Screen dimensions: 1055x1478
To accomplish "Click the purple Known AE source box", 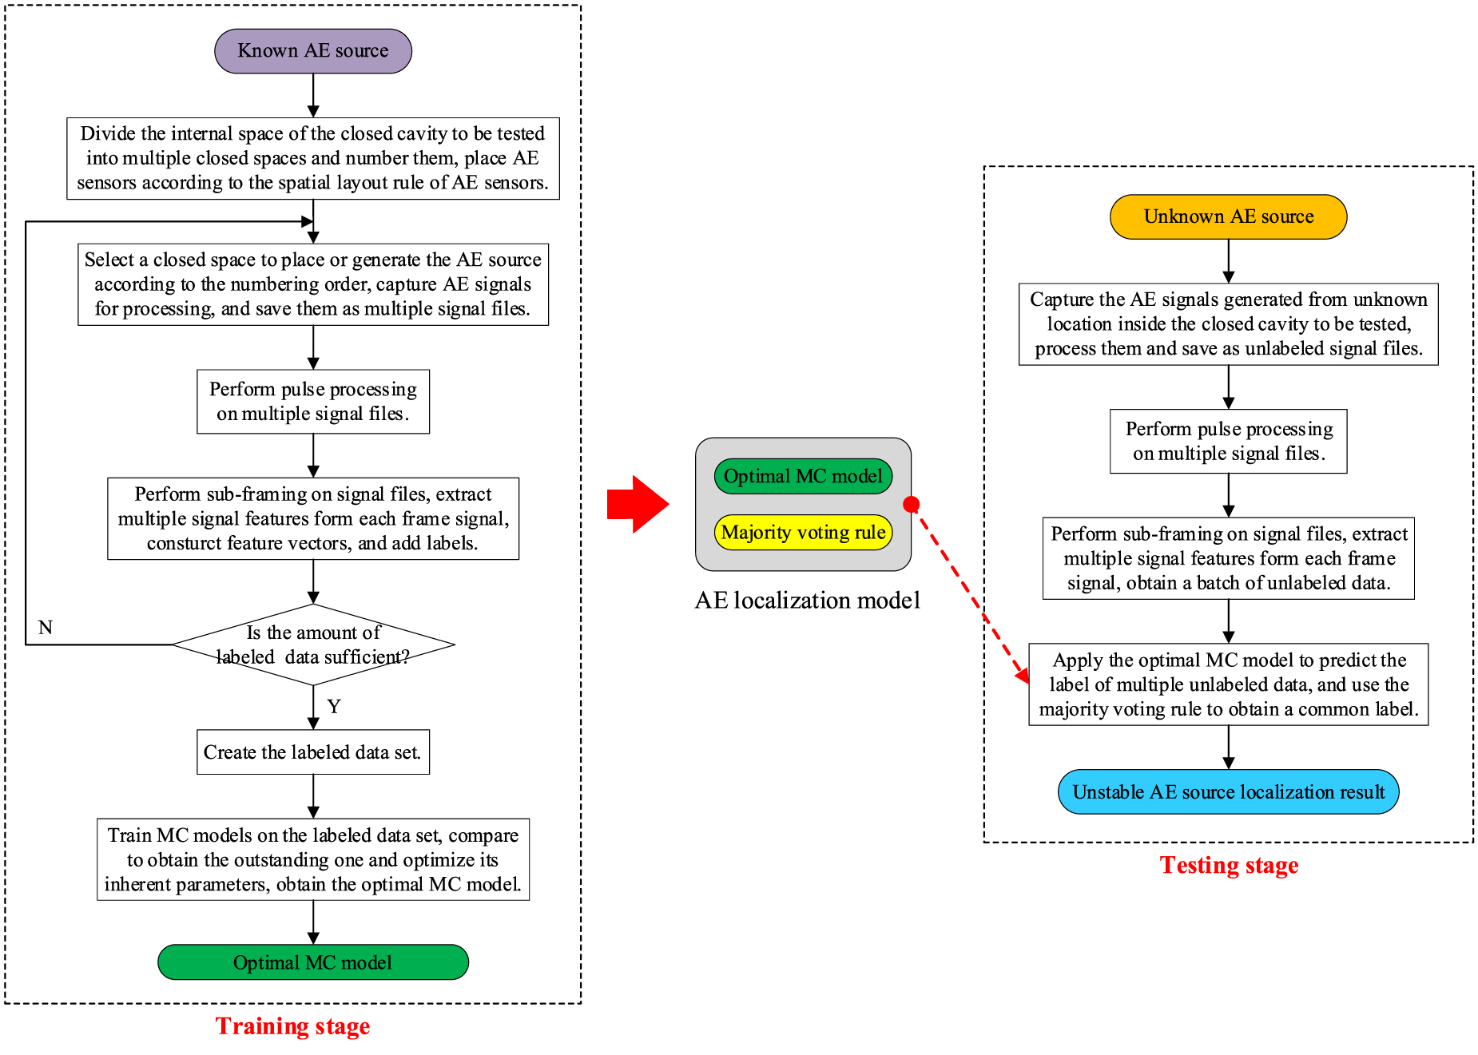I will click(x=312, y=51).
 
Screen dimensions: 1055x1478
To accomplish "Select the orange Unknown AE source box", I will click(x=1228, y=216).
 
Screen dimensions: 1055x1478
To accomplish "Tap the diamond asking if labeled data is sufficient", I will click(x=313, y=645).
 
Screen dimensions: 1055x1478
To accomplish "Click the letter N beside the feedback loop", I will click(x=46, y=628).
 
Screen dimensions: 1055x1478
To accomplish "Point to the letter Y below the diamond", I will click(x=334, y=707).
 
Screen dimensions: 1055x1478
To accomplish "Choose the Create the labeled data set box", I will click(x=312, y=752).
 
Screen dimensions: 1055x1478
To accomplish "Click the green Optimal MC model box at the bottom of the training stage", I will click(x=312, y=962).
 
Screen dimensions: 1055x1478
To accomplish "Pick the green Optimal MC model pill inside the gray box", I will click(x=803, y=476).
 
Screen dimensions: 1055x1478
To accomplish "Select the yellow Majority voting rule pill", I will click(x=803, y=533).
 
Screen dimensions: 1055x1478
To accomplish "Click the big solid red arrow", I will click(x=637, y=504).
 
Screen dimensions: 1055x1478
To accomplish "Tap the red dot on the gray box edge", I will click(x=912, y=504).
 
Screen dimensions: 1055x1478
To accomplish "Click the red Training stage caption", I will click(x=292, y=1026).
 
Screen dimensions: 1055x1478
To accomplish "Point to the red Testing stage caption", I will click(x=1229, y=865).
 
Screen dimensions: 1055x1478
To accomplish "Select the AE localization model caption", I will click(x=807, y=601).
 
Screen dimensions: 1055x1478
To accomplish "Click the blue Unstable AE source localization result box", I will click(x=1228, y=792).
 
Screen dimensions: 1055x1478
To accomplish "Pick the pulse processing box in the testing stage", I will click(x=1228, y=441).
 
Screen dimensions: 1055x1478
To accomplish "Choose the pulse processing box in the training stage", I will click(x=312, y=402).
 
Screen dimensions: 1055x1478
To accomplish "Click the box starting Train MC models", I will click(x=312, y=859).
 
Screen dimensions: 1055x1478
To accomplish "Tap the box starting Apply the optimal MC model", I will click(x=1228, y=684).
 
